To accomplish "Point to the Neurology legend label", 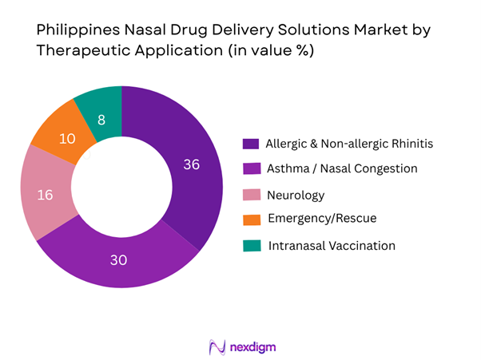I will pos(295,195).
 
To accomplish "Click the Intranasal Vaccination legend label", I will pos(332,245).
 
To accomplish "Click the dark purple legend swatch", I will pos(251,144).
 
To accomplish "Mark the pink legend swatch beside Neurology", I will pos(251,195).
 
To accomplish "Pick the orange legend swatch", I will pos(251,220).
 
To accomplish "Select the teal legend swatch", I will pos(251,246).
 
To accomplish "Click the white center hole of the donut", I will pos(121,186).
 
